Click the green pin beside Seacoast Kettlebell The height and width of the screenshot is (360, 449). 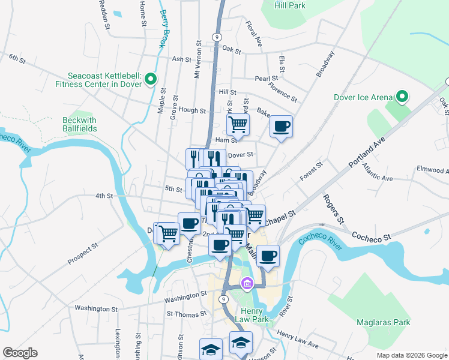pyautogui.click(x=151, y=79)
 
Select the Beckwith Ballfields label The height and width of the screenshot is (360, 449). pyautogui.click(x=79, y=124)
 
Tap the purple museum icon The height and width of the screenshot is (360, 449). pyautogui.click(x=246, y=283)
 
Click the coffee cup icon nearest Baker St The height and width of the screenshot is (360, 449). pyautogui.click(x=281, y=127)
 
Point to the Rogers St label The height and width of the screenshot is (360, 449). pyautogui.click(x=333, y=209)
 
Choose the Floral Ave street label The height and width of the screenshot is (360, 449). pyautogui.click(x=254, y=34)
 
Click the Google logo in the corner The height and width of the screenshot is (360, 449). pyautogui.click(x=20, y=353)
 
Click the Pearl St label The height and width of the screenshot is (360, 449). pyautogui.click(x=266, y=78)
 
